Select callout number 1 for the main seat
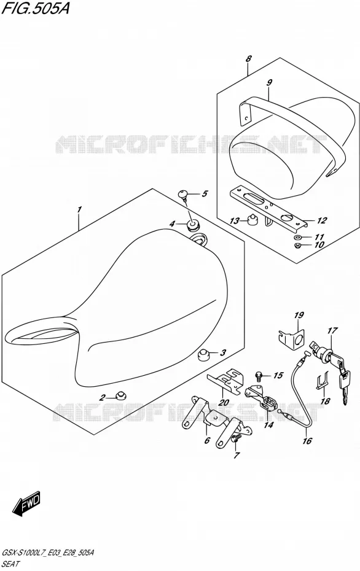tap(79, 210)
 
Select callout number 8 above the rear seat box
tap(248, 58)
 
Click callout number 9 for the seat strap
tap(269, 83)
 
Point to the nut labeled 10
tap(297, 245)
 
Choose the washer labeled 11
tap(297, 237)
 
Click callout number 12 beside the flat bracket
tap(321, 220)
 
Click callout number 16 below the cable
tap(307, 441)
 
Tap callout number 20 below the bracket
tap(224, 403)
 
